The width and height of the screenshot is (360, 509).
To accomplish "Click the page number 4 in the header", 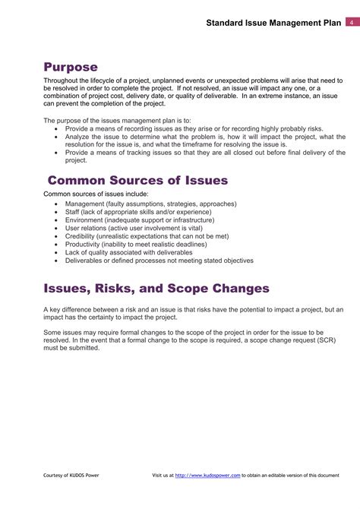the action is (x=352, y=23).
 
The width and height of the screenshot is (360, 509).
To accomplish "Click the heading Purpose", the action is (x=71, y=67).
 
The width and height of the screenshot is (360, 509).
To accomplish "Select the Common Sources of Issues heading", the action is (x=137, y=180).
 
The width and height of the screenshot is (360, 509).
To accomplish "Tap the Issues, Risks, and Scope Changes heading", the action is (x=156, y=289).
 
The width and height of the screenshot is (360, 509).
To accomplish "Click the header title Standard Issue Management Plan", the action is (x=273, y=24).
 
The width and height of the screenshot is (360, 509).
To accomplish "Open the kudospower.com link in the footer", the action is (x=207, y=475).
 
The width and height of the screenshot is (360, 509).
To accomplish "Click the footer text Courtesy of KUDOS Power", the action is (x=71, y=475).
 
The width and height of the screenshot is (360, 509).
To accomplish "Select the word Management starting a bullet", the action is (x=85, y=204).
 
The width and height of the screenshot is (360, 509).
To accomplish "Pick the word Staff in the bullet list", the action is (x=73, y=211).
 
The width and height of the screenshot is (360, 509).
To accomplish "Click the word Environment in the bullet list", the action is (x=84, y=220).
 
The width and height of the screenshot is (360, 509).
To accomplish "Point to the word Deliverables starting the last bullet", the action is (x=85, y=261).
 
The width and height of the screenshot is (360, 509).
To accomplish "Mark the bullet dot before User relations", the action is (x=57, y=228).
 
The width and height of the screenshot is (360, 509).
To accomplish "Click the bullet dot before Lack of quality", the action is (x=57, y=252).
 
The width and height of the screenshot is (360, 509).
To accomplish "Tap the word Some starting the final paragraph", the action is (x=52, y=333).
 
